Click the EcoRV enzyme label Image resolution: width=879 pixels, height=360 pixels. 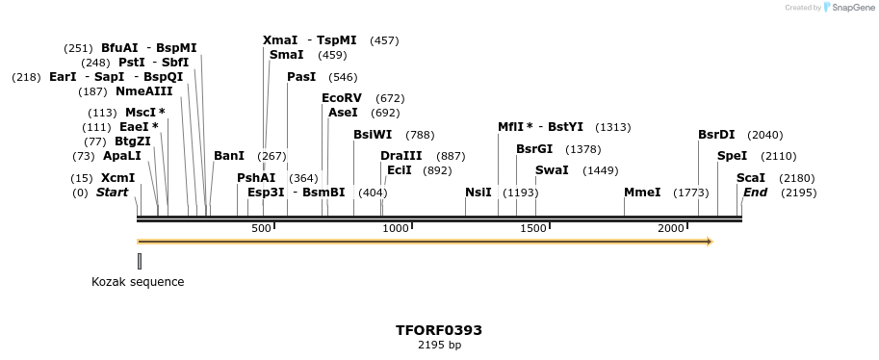click(342, 98)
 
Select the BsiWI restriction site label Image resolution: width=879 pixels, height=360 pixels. click(373, 135)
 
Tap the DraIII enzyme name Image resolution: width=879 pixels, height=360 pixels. click(401, 156)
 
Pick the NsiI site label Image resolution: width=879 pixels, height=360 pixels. click(478, 193)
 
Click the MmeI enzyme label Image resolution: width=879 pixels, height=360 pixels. click(642, 193)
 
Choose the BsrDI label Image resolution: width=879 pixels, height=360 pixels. click(716, 135)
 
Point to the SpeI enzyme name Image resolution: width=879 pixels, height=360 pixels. click(733, 156)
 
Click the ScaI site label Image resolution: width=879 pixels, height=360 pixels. click(750, 178)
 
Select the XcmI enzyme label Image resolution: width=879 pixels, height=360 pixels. click(118, 178)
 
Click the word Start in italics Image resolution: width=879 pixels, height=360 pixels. click(112, 193)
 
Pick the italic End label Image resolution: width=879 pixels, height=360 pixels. click(756, 193)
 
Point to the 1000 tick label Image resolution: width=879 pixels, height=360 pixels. click(397, 228)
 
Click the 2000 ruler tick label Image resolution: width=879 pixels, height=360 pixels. click(671, 228)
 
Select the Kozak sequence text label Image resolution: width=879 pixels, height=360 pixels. click(138, 282)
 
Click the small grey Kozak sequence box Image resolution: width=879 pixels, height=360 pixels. click(140, 261)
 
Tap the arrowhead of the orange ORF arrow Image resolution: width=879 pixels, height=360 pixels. click(709, 242)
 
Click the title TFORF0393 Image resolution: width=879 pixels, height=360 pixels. click(439, 330)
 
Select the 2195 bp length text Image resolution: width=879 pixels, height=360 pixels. click(439, 345)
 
